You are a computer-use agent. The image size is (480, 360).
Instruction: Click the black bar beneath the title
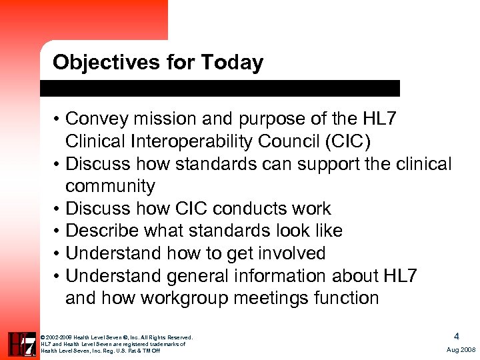[x=220, y=89]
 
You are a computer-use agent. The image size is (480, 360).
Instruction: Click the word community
[x=110, y=186]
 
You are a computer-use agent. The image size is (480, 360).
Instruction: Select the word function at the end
[x=351, y=298]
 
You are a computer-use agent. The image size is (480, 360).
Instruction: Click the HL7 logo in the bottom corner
[x=21, y=343]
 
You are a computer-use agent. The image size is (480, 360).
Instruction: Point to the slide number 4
[x=456, y=337]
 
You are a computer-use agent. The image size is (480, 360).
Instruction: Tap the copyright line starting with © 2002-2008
[x=117, y=337]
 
